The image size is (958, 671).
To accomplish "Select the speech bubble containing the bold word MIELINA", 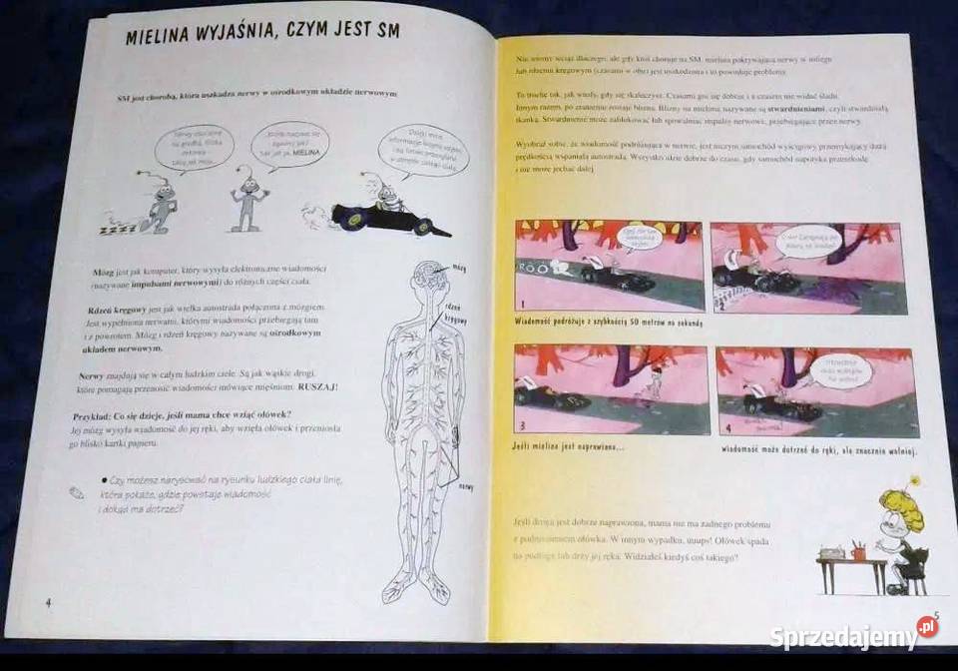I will [x=287, y=144].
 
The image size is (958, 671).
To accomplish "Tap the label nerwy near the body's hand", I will [x=465, y=487].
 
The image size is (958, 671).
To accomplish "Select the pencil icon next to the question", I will [x=77, y=491].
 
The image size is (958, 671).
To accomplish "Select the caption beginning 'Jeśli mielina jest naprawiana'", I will [x=569, y=446].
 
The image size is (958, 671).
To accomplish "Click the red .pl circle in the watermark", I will [x=927, y=626].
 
